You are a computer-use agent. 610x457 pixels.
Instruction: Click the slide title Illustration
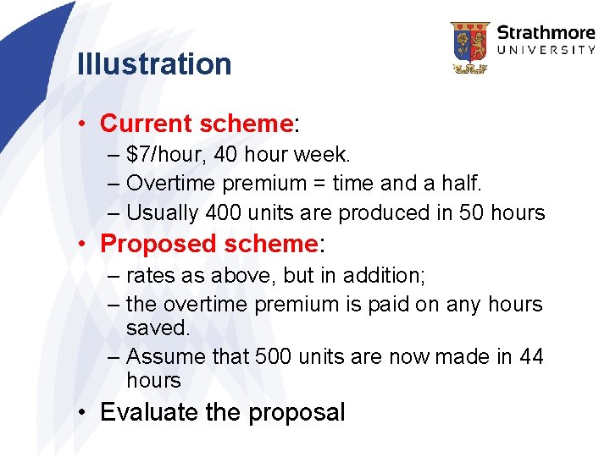153,64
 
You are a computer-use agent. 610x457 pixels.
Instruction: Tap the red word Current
146,124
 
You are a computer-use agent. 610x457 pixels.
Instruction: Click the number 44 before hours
531,357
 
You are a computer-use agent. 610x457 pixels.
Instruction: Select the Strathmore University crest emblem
469,47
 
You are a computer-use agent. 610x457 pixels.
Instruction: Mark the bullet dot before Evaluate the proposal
81,413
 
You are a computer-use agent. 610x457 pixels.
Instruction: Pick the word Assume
165,357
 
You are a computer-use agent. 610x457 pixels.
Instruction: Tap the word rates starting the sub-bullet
147,275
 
